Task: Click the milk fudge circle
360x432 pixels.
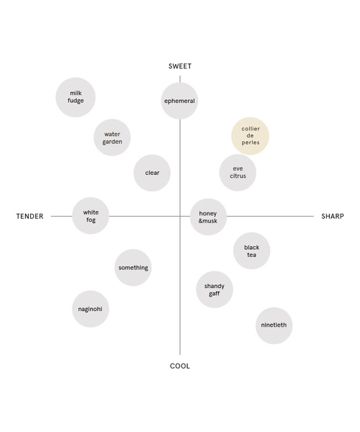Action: click(x=76, y=97)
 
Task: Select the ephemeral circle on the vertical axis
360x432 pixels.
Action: click(x=179, y=101)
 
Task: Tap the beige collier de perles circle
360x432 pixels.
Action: click(x=251, y=136)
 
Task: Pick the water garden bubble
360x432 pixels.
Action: click(x=112, y=138)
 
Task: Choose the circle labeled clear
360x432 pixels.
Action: click(x=152, y=173)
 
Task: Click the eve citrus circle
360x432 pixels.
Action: click(x=238, y=173)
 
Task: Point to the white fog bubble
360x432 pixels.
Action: click(x=91, y=216)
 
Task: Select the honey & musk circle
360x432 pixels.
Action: click(x=208, y=217)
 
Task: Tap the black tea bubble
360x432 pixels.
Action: click(x=252, y=251)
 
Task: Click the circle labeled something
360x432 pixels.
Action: click(x=133, y=268)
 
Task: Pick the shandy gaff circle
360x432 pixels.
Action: click(x=215, y=289)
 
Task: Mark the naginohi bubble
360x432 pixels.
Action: click(x=91, y=309)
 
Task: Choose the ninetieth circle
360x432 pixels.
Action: click(x=274, y=325)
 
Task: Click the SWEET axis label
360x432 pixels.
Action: click(x=180, y=66)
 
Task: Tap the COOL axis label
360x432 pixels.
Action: click(x=180, y=366)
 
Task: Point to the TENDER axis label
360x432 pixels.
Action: click(x=30, y=216)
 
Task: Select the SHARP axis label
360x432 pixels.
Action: click(x=333, y=216)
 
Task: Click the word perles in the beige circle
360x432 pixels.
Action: click(x=251, y=143)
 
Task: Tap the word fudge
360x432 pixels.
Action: click(x=76, y=101)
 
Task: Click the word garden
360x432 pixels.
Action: click(x=112, y=142)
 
